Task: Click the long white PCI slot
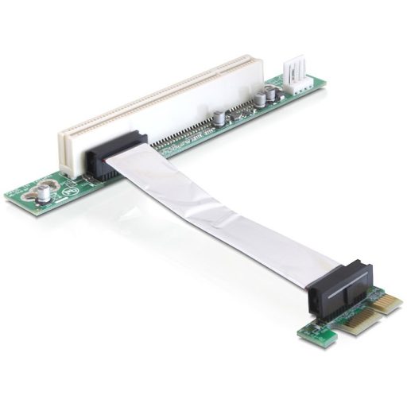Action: tap(159, 103)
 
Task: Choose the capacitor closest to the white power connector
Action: tap(273, 93)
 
